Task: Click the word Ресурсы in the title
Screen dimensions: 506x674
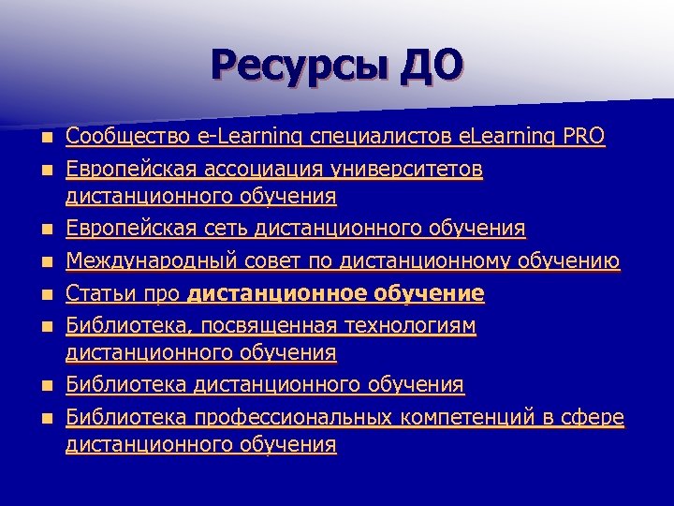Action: point(299,67)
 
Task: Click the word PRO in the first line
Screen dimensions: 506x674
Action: point(583,138)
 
